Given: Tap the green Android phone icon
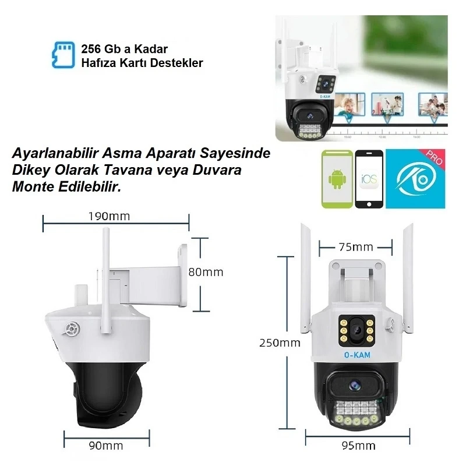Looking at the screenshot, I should tap(337, 179).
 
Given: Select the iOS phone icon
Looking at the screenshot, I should tap(369, 179).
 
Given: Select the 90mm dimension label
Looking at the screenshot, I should tap(106, 446).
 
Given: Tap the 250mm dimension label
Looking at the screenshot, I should tap(280, 343).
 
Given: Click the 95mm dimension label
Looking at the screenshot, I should tap(357, 446).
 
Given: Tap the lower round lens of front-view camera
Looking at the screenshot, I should tap(355, 384).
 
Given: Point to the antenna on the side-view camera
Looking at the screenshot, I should tap(106, 262).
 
